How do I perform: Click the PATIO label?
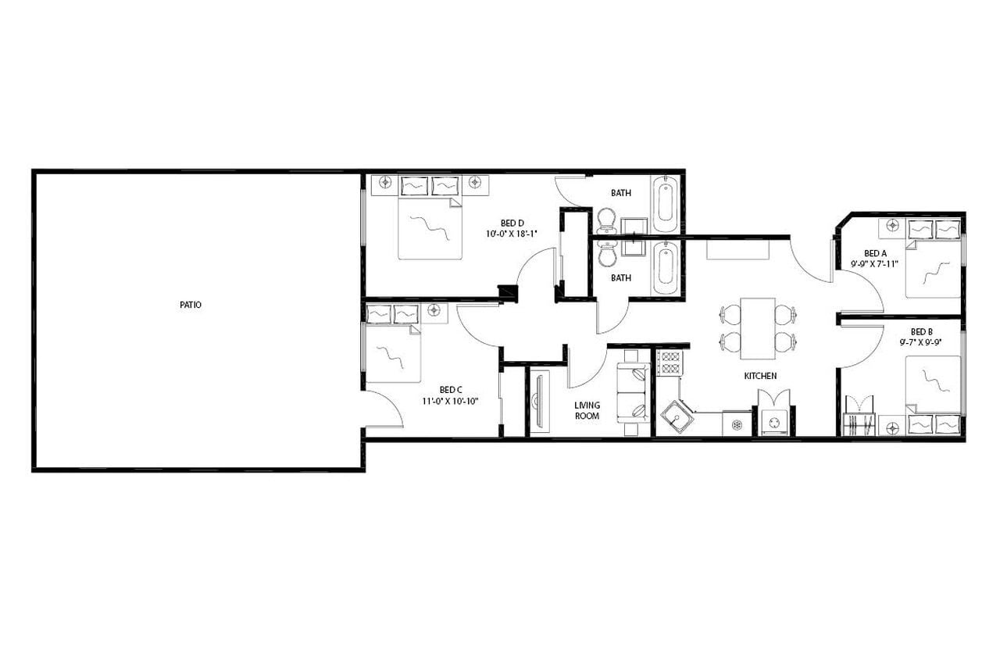tap(190, 305)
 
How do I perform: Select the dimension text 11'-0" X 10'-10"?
tap(452, 401)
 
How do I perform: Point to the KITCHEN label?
tap(760, 376)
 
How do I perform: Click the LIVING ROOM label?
tap(587, 410)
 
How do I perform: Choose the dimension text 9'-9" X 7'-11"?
tap(875, 264)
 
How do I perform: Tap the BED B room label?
tap(922, 331)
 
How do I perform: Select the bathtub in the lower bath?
tap(665, 267)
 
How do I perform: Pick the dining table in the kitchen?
tap(757, 327)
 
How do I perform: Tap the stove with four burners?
tap(669, 362)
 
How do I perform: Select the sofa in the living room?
tap(634, 393)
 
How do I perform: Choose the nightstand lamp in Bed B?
tap(892, 426)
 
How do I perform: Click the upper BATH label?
tap(621, 193)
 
